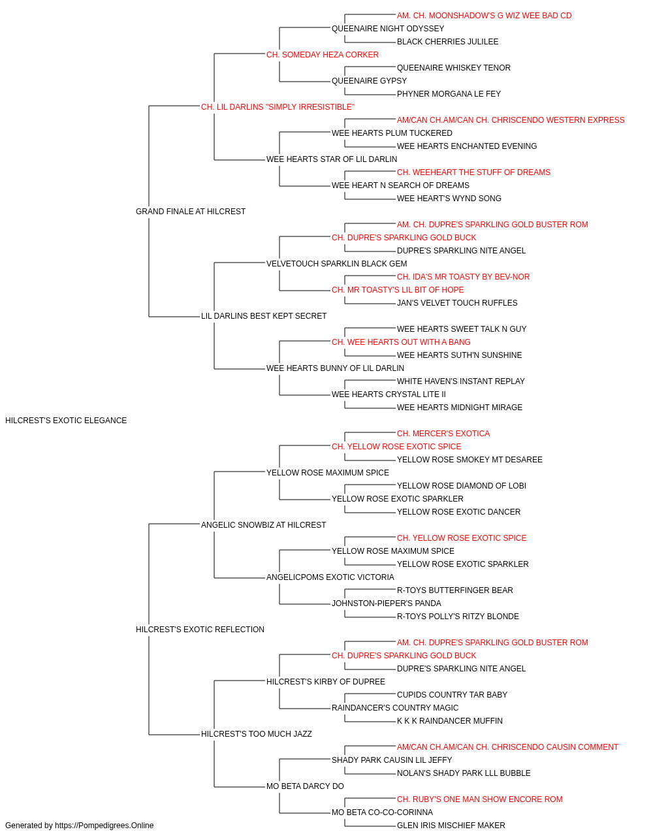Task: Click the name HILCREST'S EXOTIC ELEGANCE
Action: pyautogui.click(x=66, y=421)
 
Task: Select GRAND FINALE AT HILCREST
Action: pyautogui.click(x=191, y=212)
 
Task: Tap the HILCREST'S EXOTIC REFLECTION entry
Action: pyautogui.click(x=200, y=630)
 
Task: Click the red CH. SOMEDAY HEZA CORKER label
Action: pyautogui.click(x=323, y=55)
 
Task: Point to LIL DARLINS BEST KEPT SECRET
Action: pyautogui.click(x=264, y=316)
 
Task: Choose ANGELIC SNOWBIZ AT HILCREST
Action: pyautogui.click(x=263, y=524)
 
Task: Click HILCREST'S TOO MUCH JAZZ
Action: pyautogui.click(x=257, y=733)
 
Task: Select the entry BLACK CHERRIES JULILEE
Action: pyautogui.click(x=448, y=42)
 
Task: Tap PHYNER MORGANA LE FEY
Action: pyautogui.click(x=449, y=94)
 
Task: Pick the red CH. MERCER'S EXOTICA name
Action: pyautogui.click(x=443, y=434)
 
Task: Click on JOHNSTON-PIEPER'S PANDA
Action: pyautogui.click(x=387, y=603)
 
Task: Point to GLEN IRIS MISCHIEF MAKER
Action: pyautogui.click(x=451, y=826)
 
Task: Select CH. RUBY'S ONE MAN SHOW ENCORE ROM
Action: pyautogui.click(x=479, y=799)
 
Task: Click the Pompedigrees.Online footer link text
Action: pyautogui.click(x=104, y=826)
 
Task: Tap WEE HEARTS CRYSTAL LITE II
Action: pyautogui.click(x=389, y=394)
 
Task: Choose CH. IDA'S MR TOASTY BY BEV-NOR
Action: pyautogui.click(x=463, y=277)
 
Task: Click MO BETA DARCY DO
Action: pyautogui.click(x=306, y=786)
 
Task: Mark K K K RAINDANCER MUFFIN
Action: pyautogui.click(x=449, y=720)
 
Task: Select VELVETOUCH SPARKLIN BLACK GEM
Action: pyautogui.click(x=336, y=263)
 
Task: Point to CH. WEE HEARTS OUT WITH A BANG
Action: pyautogui.click(x=401, y=342)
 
